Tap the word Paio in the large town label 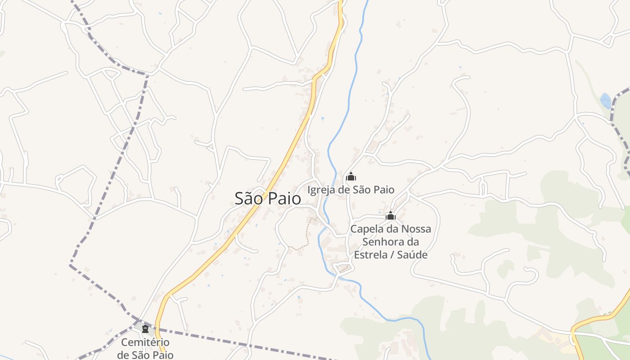coord(285,198)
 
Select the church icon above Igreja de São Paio coord(351,176)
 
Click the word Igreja coord(321,190)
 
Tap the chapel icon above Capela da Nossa coord(391,216)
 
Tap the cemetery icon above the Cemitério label coord(145,329)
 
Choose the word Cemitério coord(145,343)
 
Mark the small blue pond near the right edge coord(606,101)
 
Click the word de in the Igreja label coord(345,190)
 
